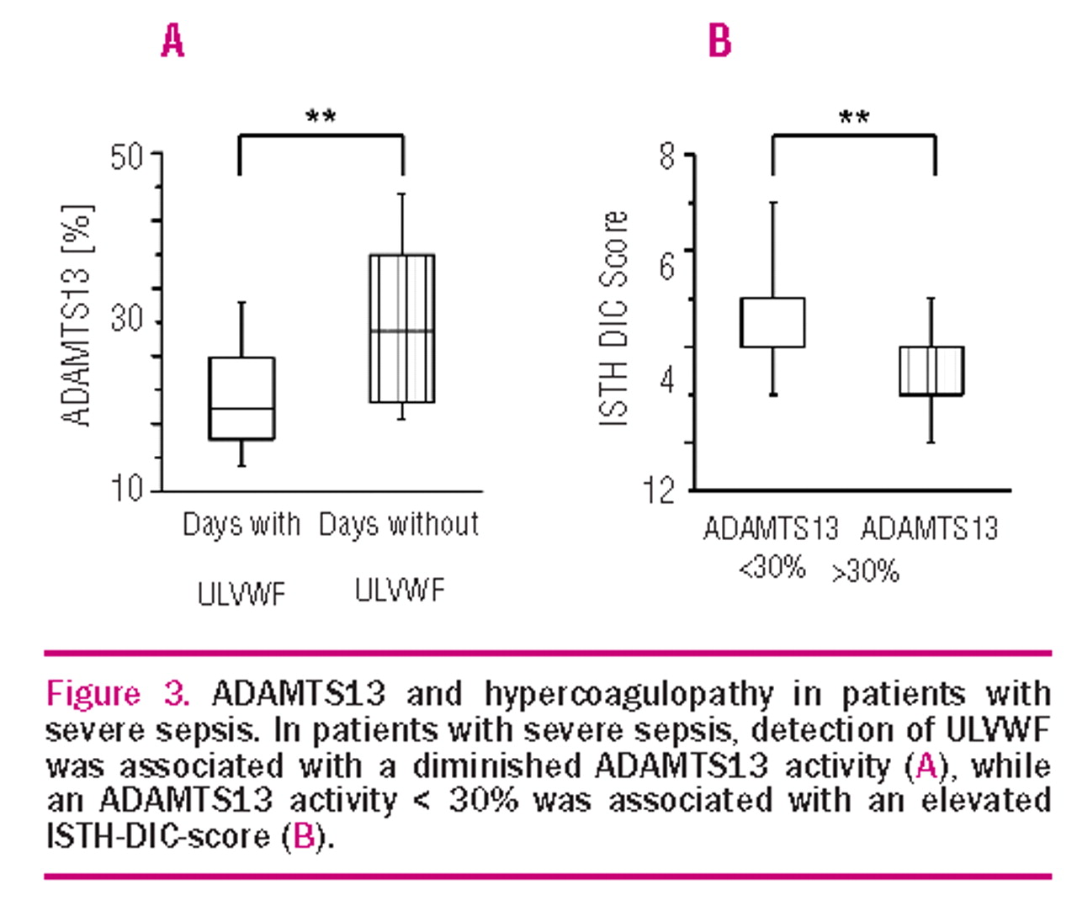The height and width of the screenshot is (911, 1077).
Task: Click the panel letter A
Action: [x=172, y=40]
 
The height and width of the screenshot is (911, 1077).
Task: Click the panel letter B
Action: [x=720, y=40]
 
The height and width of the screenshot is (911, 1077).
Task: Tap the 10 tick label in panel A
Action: [x=128, y=488]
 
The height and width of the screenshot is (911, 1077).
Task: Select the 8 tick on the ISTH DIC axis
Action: [x=667, y=156]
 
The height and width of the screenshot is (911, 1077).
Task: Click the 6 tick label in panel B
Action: [x=667, y=266]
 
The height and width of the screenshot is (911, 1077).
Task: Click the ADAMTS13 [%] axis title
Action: [x=77, y=315]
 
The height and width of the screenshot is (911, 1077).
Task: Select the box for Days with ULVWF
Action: [x=241, y=398]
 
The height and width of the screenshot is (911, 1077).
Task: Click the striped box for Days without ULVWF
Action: [x=402, y=328]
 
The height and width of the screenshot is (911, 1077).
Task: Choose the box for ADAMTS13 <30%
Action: [x=772, y=322]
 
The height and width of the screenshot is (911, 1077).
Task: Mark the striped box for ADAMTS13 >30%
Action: [x=931, y=370]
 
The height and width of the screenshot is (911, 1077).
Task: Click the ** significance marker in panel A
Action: [x=321, y=116]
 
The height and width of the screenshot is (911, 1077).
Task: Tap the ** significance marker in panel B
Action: [x=854, y=117]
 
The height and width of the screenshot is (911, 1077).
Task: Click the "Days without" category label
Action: [x=399, y=525]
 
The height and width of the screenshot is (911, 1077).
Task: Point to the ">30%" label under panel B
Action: [x=866, y=572]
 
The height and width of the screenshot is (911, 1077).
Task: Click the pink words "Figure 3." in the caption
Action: [x=117, y=695]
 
